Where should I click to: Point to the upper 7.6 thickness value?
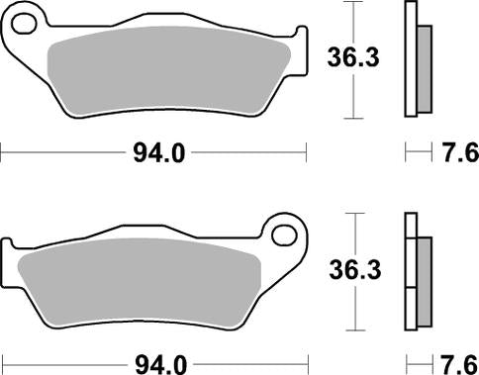click(456, 153)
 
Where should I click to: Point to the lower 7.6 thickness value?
click(456, 362)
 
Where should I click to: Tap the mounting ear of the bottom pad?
click(287, 235)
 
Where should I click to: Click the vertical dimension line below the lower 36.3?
click(351, 312)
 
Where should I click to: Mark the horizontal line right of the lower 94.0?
click(247, 362)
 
